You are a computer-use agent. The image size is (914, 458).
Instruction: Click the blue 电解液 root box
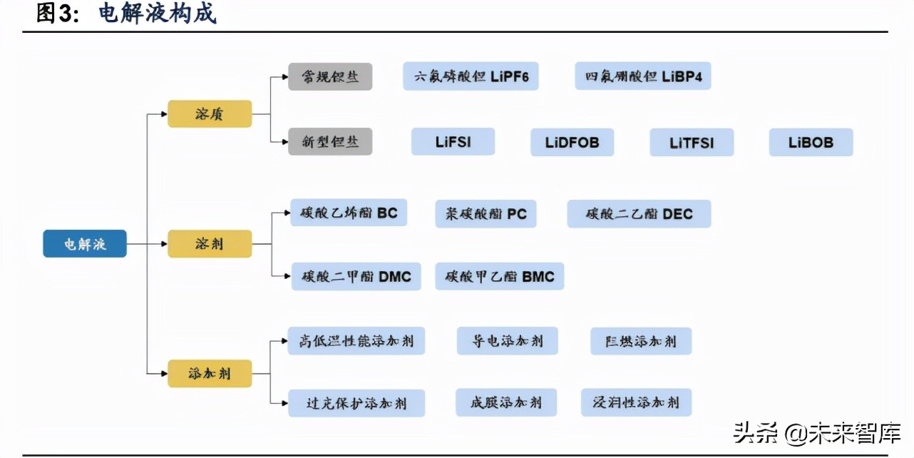coord(85,244)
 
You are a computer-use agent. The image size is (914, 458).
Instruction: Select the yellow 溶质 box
coord(210,114)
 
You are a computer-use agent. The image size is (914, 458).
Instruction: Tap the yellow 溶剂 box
coord(210,244)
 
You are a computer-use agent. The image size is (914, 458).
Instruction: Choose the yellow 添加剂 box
coord(210,374)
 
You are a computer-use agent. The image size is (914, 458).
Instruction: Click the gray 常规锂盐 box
coord(330,76)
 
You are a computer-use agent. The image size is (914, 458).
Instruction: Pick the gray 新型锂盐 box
coord(330,142)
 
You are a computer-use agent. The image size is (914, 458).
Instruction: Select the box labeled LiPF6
coord(471,76)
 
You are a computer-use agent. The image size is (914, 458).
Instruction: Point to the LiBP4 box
coord(643,76)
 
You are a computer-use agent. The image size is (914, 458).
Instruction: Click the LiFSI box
coord(453,142)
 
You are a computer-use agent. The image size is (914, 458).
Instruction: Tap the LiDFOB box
coord(572,143)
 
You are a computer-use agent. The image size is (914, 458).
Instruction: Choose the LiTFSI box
coord(692,143)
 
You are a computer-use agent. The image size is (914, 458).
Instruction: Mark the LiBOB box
coord(811,143)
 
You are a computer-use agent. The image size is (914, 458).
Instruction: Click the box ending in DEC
coord(639,214)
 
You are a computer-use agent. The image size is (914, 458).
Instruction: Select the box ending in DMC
coord(356,277)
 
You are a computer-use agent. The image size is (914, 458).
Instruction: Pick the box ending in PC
coord(486,214)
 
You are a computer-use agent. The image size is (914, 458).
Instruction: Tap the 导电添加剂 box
coord(508,341)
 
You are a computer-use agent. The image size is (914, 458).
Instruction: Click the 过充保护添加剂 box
coord(356,403)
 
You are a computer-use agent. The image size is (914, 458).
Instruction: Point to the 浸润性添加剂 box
coord(636,402)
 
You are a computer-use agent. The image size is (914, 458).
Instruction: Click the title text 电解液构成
coord(157,14)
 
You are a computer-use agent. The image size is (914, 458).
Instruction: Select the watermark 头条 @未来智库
coord(817,432)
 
